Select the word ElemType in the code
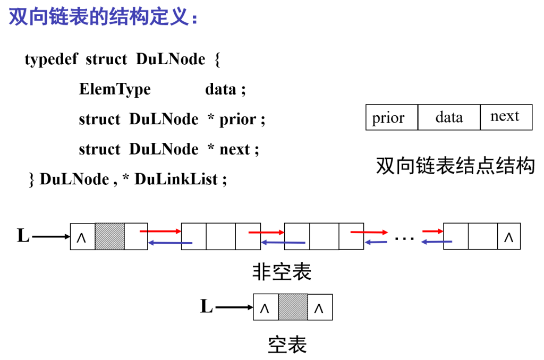(115, 89)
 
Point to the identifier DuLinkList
(176, 179)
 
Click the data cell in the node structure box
(449, 117)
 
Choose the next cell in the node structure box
(505, 117)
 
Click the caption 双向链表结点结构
(455, 166)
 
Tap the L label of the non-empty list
(23, 235)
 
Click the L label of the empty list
(206, 306)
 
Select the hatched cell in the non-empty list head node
(109, 236)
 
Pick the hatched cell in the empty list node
(293, 307)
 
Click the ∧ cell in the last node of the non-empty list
(508, 237)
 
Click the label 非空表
(281, 272)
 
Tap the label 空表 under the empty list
(287, 345)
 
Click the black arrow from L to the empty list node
(234, 307)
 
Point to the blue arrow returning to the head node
(170, 243)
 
